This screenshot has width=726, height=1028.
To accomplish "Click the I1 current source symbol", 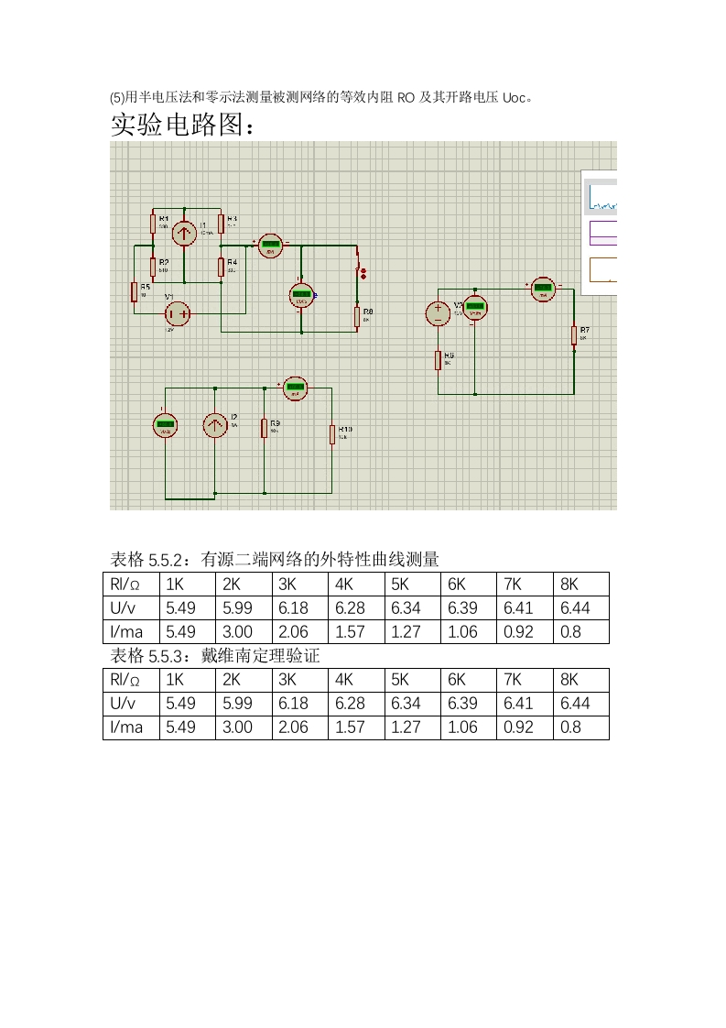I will point(185,233).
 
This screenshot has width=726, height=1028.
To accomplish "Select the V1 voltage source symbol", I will point(178,314).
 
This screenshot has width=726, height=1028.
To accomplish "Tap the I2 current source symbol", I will point(214,425).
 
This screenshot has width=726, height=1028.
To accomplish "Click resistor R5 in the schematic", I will point(135,291).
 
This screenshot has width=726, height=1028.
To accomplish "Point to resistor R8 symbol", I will point(356,317).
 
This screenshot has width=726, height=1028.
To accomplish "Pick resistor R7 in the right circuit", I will point(574,335).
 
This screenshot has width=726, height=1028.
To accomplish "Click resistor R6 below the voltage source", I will point(439,360).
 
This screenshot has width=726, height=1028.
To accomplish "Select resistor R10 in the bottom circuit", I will point(332,434).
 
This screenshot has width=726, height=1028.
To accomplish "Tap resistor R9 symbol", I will point(264,428).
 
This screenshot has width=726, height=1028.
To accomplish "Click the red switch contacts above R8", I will point(361,272).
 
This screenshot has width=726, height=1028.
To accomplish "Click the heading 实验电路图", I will point(180,125).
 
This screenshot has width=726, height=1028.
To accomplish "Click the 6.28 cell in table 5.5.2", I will point(350,607).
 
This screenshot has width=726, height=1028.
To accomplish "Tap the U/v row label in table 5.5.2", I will point(124,607).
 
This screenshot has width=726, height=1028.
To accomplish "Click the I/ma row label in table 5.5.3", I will point(127,727).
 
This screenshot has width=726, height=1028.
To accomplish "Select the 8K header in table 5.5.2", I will point(569,584).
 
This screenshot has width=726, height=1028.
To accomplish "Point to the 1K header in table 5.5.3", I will point(174,679).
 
